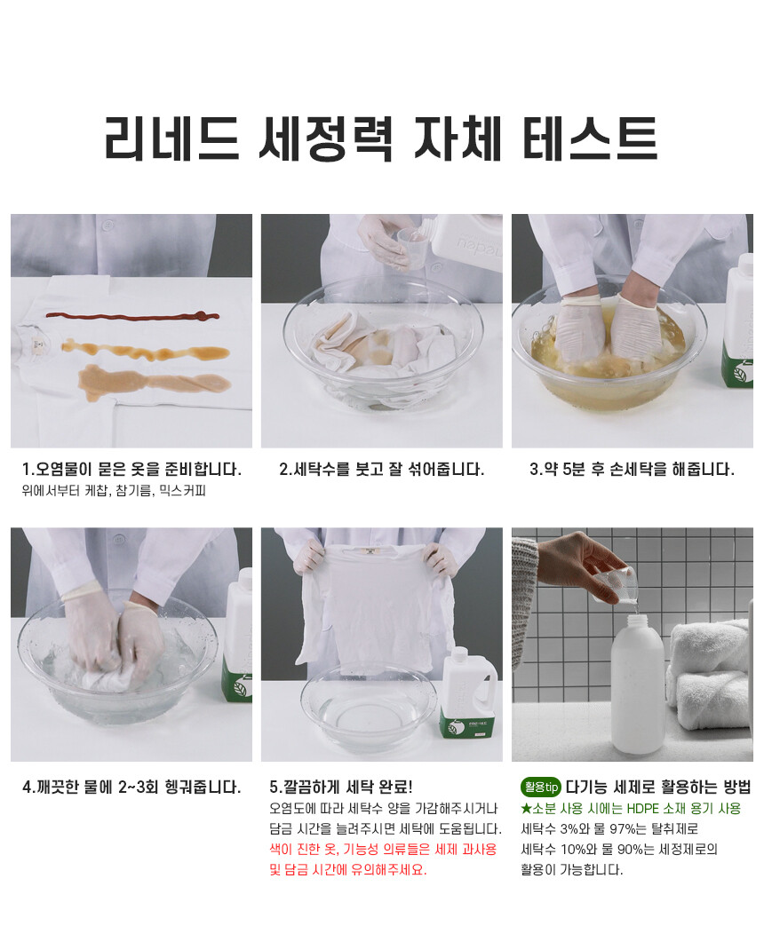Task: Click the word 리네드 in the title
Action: coord(172,139)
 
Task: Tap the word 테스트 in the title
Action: coord(590,139)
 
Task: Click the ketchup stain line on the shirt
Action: coord(132,316)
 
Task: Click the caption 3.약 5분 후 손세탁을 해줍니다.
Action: coord(632,470)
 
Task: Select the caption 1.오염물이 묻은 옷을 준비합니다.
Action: coord(131,470)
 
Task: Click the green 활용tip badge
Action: coord(540,788)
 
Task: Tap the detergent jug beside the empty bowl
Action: coord(468,694)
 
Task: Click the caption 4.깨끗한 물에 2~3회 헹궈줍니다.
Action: coord(131,788)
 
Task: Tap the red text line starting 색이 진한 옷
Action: coord(383,850)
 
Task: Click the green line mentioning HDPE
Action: coord(631,808)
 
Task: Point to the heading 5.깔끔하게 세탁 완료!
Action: coord(341,788)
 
